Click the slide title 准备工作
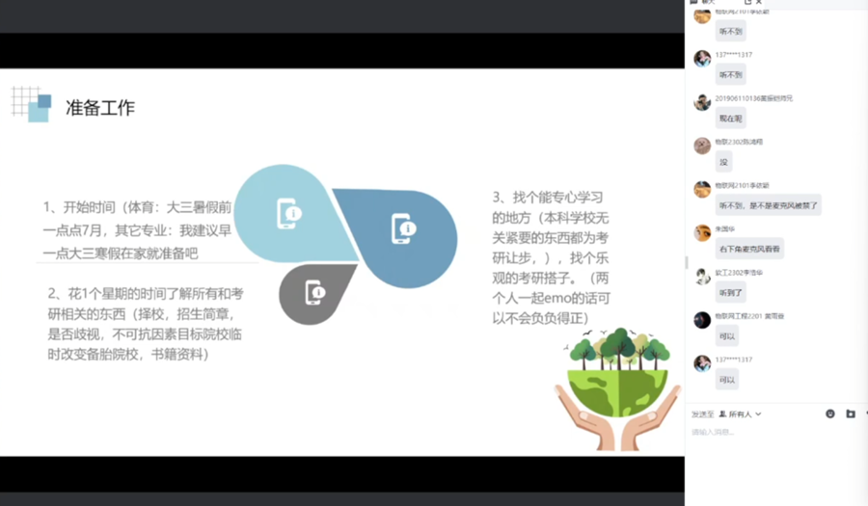click(x=99, y=108)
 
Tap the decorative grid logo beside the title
click(x=32, y=103)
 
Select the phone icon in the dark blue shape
click(x=403, y=228)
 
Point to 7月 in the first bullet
click(x=100, y=229)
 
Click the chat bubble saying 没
click(x=723, y=162)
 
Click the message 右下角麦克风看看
click(x=749, y=249)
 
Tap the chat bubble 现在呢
click(x=730, y=119)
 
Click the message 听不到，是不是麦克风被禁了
click(x=768, y=205)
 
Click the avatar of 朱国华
click(x=702, y=233)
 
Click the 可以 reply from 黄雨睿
click(x=727, y=336)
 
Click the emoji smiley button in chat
click(x=830, y=413)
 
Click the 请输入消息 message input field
click(x=772, y=432)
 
